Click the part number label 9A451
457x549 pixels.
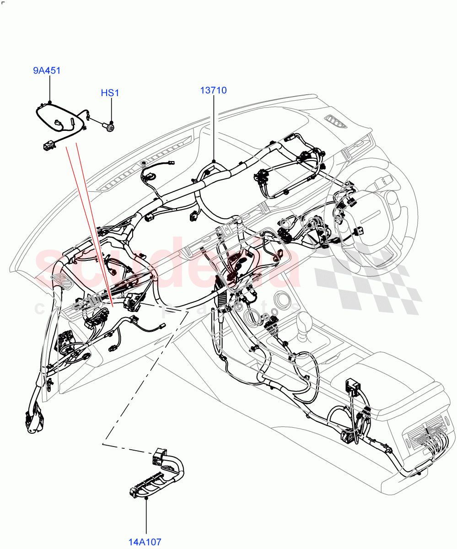tap(47, 71)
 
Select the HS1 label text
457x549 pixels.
tap(110, 93)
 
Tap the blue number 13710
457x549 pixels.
tap(213, 90)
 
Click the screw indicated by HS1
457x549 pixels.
tap(110, 124)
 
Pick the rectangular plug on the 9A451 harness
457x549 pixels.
tap(48, 145)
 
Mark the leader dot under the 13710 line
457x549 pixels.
tap(214, 161)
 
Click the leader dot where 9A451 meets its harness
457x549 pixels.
tap(49, 103)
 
